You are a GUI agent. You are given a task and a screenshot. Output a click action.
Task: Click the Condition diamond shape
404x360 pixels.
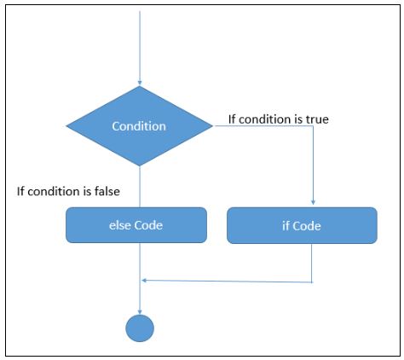tap(139, 126)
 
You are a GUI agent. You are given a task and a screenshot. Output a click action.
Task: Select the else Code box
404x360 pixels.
tap(136, 225)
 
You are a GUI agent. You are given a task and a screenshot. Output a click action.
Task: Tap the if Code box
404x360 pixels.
tap(302, 225)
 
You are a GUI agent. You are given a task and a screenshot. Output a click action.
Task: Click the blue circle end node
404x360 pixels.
tap(140, 328)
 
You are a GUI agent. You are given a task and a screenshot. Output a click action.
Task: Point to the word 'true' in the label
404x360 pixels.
tap(317, 119)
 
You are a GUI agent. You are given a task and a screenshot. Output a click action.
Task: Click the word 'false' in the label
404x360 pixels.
tap(107, 191)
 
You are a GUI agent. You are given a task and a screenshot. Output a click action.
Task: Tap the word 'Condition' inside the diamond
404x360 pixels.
tap(139, 126)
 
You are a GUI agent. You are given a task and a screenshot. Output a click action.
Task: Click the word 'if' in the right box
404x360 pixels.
tap(286, 226)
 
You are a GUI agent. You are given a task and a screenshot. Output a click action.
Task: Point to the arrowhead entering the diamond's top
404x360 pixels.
tap(140, 83)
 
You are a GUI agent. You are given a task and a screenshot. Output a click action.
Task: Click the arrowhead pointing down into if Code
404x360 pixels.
tap(313, 202)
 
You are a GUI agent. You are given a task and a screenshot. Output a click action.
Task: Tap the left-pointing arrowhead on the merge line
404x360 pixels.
tap(144, 281)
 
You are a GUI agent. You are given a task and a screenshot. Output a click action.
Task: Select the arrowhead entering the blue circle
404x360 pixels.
tap(140, 311)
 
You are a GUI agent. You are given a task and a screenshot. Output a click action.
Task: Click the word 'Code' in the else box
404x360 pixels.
tap(148, 225)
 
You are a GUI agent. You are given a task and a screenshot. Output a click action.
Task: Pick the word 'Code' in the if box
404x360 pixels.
tap(307, 226)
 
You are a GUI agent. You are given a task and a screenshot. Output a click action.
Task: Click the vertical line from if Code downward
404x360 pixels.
tap(312, 263)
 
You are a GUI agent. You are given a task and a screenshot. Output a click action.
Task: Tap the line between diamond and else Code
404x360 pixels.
tap(140, 187)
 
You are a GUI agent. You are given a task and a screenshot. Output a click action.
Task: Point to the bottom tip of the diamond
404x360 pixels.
tap(140, 166)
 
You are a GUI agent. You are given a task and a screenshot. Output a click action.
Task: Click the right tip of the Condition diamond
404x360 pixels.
tap(212, 125)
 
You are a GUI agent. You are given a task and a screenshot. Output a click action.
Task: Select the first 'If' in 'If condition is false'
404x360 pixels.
tap(20, 191)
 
